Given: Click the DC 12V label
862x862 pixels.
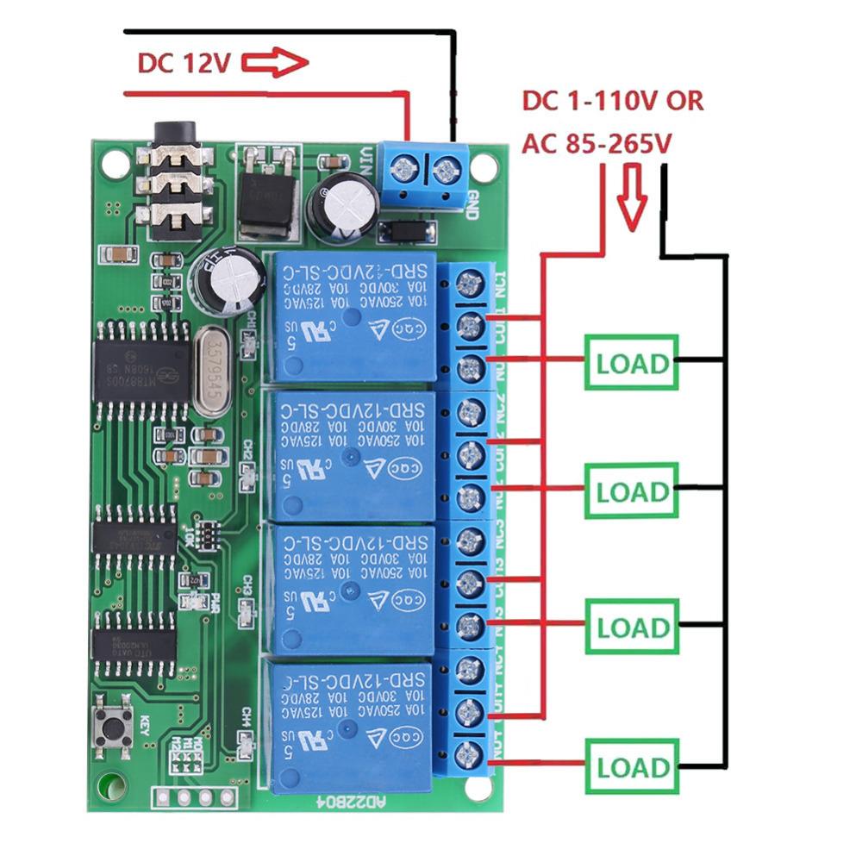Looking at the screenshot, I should pos(183,63).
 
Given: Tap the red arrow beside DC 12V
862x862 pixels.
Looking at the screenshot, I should pos(274,63).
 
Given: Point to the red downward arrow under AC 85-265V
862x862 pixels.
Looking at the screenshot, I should pos(634,200).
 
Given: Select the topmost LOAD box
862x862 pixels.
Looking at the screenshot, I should pos(632,363).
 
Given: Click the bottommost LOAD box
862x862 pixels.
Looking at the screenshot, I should pos(632,766).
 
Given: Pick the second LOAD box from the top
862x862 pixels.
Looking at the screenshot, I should pos(632,492).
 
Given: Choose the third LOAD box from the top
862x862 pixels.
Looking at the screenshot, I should pos(632,627).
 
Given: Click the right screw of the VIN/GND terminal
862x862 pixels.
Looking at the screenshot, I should pos(445,168).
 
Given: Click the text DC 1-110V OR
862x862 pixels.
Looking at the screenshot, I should pos(613,101).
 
